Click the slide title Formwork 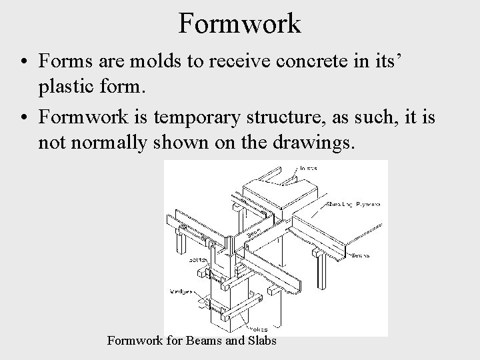point(240,23)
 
